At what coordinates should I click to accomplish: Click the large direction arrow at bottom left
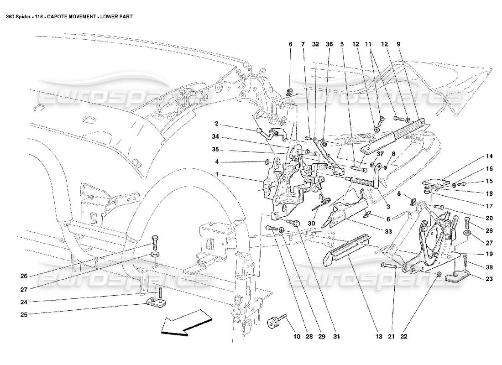pos(183,323)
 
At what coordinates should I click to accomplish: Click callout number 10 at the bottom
pos(297,337)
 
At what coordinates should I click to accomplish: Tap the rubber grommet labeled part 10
pos(273,323)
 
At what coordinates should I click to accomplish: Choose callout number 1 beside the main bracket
pos(218,174)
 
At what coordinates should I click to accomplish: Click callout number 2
pos(218,123)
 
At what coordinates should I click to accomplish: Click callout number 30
pos(311,224)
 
